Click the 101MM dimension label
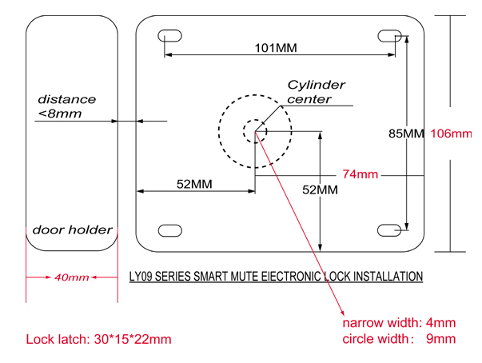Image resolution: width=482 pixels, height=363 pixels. click(275, 48)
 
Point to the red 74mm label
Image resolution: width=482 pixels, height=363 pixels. click(360, 174)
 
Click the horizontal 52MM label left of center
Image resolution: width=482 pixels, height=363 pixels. click(194, 185)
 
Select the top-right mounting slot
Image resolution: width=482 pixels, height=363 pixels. click(389, 35)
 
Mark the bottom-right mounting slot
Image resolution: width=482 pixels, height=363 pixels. click(389, 230)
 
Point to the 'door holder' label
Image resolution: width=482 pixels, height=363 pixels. click(72, 230)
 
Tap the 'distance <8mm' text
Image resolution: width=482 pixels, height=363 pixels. click(66, 106)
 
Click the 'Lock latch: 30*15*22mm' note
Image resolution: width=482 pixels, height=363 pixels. click(99, 339)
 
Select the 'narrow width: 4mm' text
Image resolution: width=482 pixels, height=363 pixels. click(399, 324)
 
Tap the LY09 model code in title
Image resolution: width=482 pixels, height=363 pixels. click(141, 277)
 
